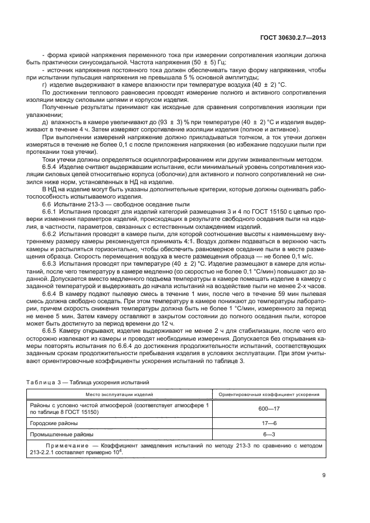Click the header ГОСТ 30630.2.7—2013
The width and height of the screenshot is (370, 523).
point(293,37)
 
